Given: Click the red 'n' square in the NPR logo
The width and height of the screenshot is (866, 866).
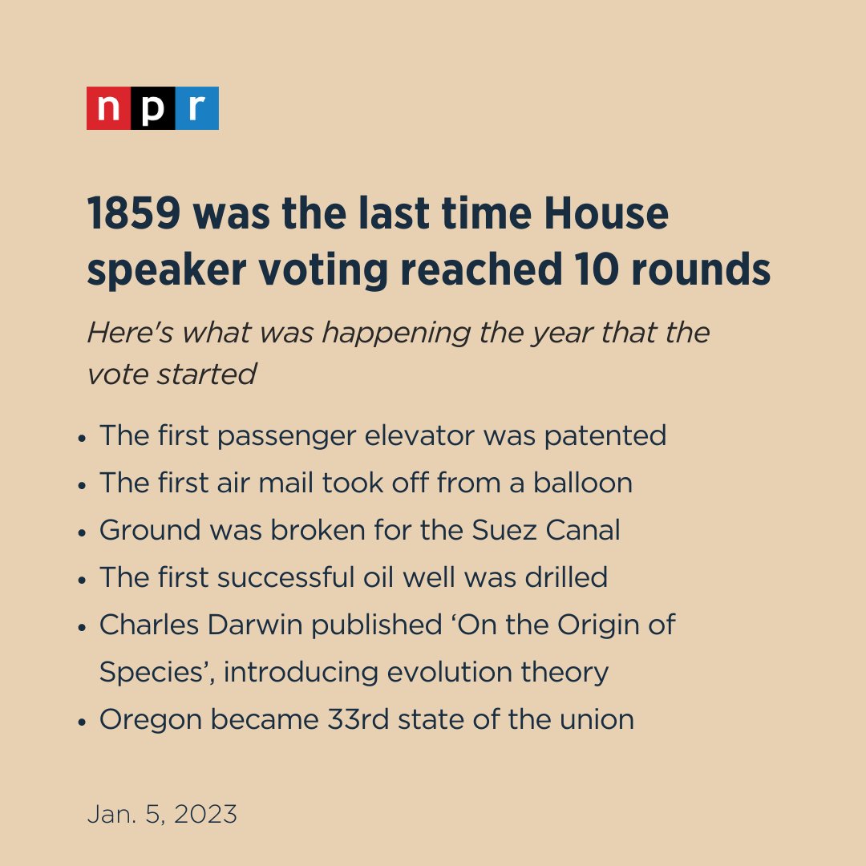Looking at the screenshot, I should pos(108,108).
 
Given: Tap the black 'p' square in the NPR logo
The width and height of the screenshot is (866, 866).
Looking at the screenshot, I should pos(152,108).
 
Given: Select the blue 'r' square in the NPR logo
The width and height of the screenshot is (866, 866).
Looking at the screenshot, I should pos(196,108).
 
